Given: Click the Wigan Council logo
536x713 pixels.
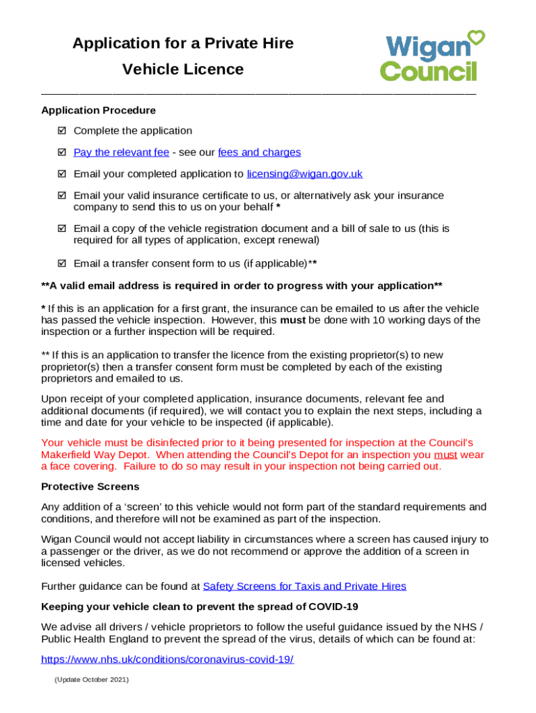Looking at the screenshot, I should tap(432, 56).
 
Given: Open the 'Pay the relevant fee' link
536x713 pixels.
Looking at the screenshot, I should tap(121, 152).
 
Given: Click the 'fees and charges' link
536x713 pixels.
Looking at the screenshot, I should tap(259, 152).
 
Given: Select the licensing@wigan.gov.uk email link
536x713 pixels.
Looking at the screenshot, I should tap(304, 174).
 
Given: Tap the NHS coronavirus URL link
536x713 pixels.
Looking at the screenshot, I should tap(167, 659).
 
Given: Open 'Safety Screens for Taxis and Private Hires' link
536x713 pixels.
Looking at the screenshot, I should tap(304, 586).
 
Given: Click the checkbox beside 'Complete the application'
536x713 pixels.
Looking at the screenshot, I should tap(61, 131).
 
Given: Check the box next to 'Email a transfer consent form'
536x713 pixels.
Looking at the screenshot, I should tap(61, 263).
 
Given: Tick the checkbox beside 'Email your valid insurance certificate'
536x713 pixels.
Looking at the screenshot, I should tap(61, 196).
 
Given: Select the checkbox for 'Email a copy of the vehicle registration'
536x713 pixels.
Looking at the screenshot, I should tap(61, 228).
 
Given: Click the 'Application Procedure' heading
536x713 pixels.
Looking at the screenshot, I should tap(98, 110).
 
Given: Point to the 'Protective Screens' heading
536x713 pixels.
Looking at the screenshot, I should tap(90, 487).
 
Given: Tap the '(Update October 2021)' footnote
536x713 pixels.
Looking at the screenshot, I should tap(91, 680).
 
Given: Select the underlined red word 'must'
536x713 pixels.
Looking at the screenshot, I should tap(446, 455).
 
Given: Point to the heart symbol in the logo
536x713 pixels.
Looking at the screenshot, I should tap(476, 36).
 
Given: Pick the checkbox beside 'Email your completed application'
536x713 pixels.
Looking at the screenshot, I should tap(61, 174).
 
